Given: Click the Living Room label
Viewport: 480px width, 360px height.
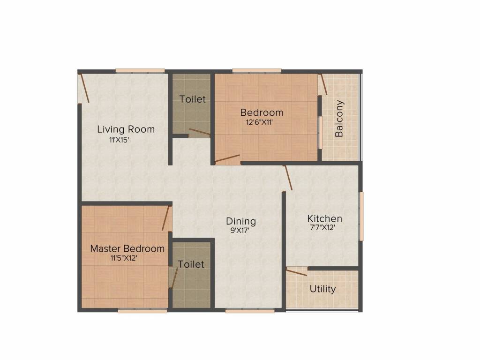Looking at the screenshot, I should point(126,129).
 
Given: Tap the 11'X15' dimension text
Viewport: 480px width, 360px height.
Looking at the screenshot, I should point(119,139).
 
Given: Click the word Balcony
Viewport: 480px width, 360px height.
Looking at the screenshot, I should point(339,119).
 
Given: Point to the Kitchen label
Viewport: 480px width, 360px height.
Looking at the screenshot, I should point(324,218).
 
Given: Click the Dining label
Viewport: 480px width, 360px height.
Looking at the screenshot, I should point(241,221).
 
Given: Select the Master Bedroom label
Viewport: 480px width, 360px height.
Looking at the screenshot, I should point(127,248).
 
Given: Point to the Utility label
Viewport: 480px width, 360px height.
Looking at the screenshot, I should point(322,289).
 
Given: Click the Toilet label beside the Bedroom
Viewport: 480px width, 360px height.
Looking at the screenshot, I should point(193,99).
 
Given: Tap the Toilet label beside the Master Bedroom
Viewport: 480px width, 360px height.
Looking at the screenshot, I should point(191,264).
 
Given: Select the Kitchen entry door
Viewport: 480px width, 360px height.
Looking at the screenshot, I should point(288,178).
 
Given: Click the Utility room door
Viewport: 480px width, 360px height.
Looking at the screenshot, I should point(297,271).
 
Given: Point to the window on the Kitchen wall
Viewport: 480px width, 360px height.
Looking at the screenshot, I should point(361,216).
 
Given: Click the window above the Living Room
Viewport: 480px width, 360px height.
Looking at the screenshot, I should point(140,71).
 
